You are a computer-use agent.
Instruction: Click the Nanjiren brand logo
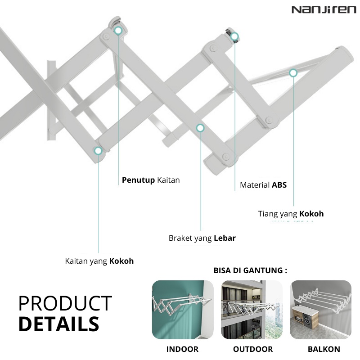[x=324, y=10]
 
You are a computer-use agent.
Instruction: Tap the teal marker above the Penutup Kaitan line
[x=118, y=30]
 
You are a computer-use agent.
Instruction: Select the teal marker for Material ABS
[x=234, y=36]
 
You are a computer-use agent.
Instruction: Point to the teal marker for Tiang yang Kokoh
[x=293, y=73]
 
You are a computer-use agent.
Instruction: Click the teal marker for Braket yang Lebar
[x=200, y=128]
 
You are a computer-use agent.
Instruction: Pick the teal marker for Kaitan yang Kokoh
[x=98, y=151]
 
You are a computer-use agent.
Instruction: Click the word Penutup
[x=138, y=180]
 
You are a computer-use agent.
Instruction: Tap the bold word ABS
[x=279, y=185]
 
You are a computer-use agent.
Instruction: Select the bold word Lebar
[x=225, y=238]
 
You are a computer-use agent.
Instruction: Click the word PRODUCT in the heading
[x=65, y=303]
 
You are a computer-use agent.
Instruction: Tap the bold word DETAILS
[x=59, y=324]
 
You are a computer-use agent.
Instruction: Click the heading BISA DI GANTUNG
[x=250, y=270]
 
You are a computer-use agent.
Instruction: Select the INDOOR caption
[x=182, y=349]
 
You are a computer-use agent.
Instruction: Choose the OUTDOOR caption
[x=253, y=349]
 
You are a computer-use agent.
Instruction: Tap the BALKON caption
[x=324, y=349]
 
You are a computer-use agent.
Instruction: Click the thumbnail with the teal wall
[x=183, y=310]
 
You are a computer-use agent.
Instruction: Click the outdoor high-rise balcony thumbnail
[x=252, y=310]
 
